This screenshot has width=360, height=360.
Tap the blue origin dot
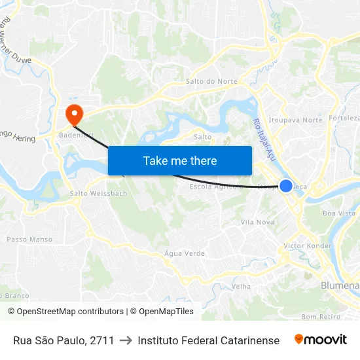click(x=286, y=186)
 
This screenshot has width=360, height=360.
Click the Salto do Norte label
click(x=211, y=82)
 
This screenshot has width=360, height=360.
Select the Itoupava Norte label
click(x=296, y=120)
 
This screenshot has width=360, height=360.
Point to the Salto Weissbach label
click(x=99, y=194)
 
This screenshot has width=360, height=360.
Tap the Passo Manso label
click(x=29, y=240)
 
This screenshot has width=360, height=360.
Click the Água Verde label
click(x=185, y=253)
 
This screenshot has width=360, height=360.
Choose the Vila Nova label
click(x=257, y=223)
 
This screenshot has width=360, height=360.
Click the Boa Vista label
click(x=339, y=213)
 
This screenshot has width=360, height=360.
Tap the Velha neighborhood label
click(x=242, y=287)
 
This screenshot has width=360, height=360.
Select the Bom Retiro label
click(x=321, y=317)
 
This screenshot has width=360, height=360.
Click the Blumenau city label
click(x=340, y=286)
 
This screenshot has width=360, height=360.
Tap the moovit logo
click(x=320, y=340)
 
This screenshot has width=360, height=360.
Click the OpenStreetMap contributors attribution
click(x=65, y=312)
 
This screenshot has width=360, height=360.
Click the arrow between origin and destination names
click(x=126, y=340)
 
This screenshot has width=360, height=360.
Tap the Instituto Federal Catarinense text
click(x=208, y=340)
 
